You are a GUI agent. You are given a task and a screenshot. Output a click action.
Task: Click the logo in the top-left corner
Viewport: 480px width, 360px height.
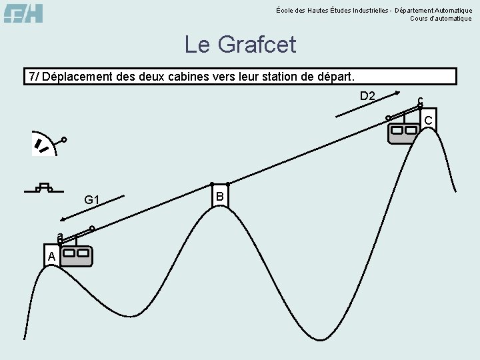[23, 13]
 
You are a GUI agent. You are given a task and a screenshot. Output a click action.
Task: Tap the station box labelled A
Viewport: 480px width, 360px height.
[51, 257]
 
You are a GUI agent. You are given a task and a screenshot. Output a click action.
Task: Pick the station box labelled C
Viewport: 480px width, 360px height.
[428, 120]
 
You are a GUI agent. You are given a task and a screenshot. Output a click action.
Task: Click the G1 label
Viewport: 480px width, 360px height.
[92, 200]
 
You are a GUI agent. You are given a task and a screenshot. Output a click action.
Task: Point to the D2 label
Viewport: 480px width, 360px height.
[367, 96]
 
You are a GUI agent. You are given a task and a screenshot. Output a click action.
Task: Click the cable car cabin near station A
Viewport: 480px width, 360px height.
[77, 256]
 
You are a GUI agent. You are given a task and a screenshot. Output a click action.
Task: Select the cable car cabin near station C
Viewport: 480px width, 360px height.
[403, 132]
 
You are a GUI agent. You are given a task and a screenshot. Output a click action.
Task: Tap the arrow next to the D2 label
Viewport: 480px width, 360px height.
[367, 105]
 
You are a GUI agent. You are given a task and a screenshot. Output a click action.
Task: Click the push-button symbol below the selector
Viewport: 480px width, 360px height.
[44, 187]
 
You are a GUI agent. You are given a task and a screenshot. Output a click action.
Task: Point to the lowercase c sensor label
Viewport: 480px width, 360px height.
[420, 101]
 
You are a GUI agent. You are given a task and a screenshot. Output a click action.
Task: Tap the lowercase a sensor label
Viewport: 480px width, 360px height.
[59, 237]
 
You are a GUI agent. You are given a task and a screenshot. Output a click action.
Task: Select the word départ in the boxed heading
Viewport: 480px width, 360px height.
[335, 77]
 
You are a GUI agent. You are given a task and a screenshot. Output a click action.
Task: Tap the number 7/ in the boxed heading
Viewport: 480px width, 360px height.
[33, 77]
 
